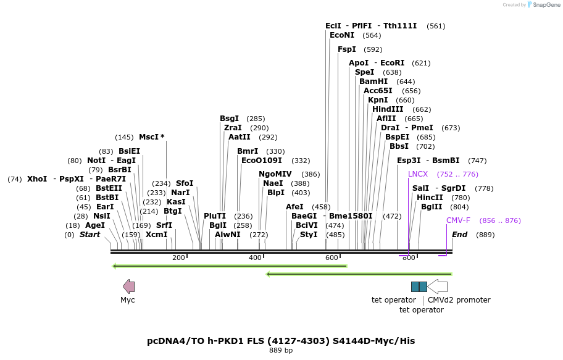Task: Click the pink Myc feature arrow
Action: tap(128, 286)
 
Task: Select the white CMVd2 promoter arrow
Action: tap(437, 287)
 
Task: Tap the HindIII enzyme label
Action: tap(388, 109)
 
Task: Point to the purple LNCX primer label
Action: tap(417, 174)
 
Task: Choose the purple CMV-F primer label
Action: tap(458, 220)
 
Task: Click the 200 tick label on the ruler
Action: tap(179, 257)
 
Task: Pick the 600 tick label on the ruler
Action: tap(332, 257)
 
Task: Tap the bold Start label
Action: tap(90, 235)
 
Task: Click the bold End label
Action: tap(460, 235)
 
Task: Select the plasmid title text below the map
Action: tap(281, 341)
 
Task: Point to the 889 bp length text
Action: tap(281, 351)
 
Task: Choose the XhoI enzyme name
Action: tap(37, 179)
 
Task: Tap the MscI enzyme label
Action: tap(151, 137)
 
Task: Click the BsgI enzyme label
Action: tap(229, 119)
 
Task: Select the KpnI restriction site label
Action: tap(378, 100)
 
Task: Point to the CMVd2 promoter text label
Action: tap(459, 300)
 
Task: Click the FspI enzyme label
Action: tap(347, 49)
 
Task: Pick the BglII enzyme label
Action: tap(432, 207)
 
